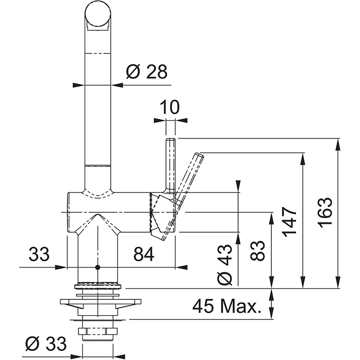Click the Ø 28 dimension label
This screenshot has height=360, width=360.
(x=146, y=72)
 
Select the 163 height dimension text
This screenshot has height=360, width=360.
(x=325, y=212)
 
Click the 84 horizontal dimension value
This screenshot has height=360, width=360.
(x=143, y=254)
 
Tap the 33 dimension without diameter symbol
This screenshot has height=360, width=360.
(x=39, y=254)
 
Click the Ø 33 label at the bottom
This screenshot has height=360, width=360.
(x=46, y=344)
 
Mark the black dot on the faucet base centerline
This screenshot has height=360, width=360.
(x=98, y=267)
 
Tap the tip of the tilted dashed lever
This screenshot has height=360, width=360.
(x=199, y=156)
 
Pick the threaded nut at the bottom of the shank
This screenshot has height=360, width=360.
(x=98, y=332)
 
